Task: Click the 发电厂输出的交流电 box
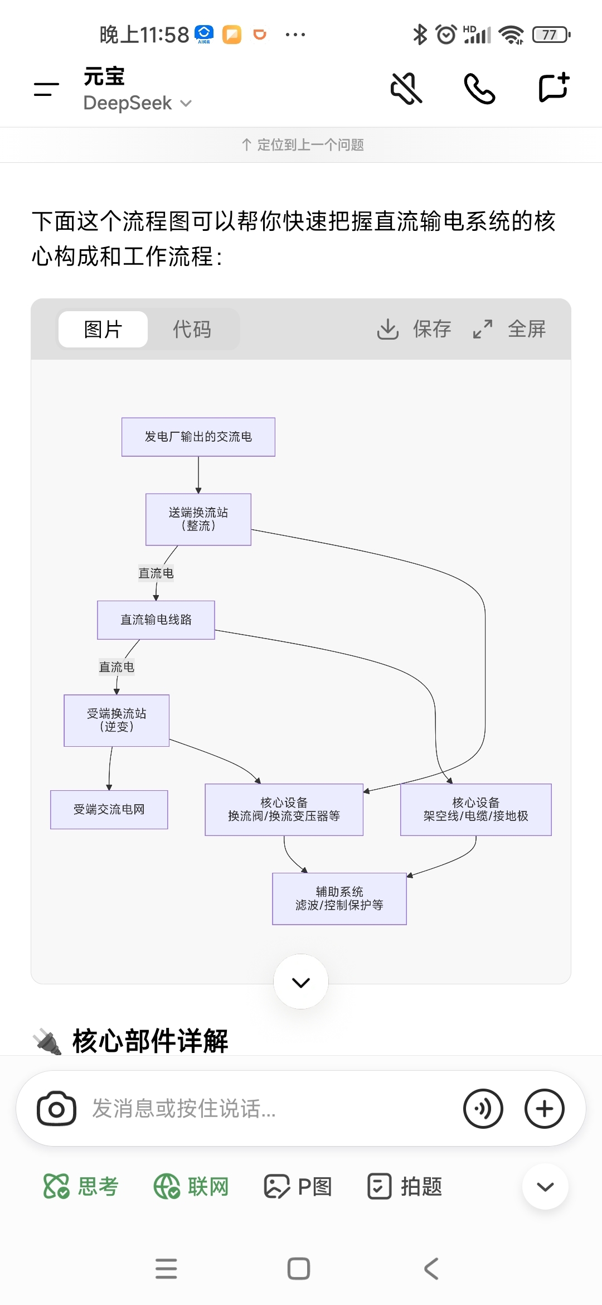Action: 198,437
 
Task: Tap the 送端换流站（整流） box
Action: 198,519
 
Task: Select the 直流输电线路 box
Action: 156,620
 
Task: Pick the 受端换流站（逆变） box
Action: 116,720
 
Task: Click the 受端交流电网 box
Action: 109,809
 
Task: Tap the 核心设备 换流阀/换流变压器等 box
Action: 284,809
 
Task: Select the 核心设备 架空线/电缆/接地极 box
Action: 475,809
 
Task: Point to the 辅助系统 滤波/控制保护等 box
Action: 339,898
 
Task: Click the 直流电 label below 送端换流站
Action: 156,573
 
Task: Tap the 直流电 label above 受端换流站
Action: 116,667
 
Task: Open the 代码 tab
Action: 192,329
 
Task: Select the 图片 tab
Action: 103,329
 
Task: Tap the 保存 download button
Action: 414,329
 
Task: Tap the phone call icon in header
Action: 479,88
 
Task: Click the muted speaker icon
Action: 406,88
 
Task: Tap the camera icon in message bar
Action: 56,1109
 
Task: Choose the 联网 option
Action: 191,1186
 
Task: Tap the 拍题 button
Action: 405,1186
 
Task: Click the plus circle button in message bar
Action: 545,1109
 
